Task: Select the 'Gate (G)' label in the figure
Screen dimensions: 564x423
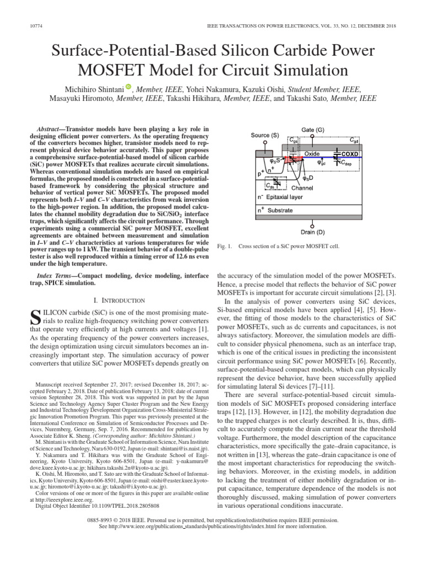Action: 312,130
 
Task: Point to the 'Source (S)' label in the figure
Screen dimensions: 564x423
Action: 265,135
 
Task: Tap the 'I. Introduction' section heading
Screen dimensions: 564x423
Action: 119,300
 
